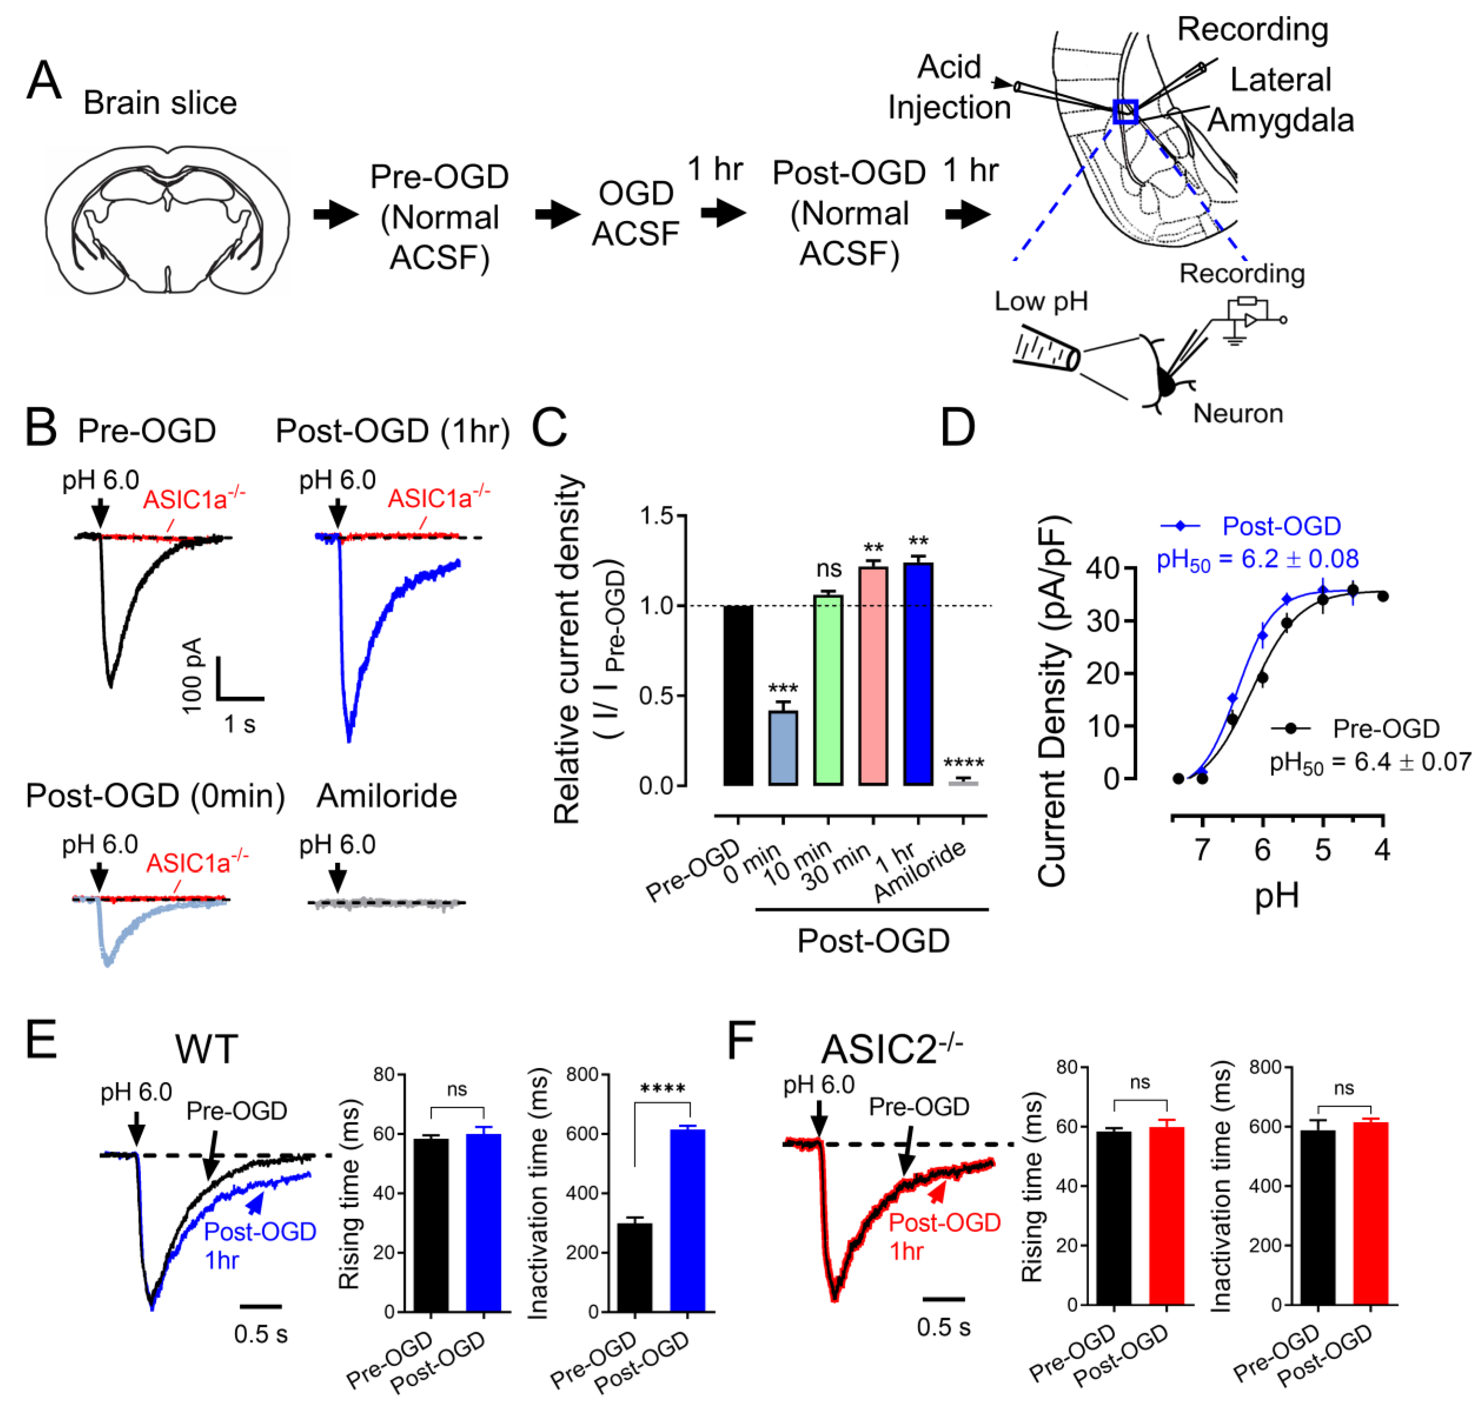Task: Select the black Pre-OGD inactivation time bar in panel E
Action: click(634, 1268)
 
